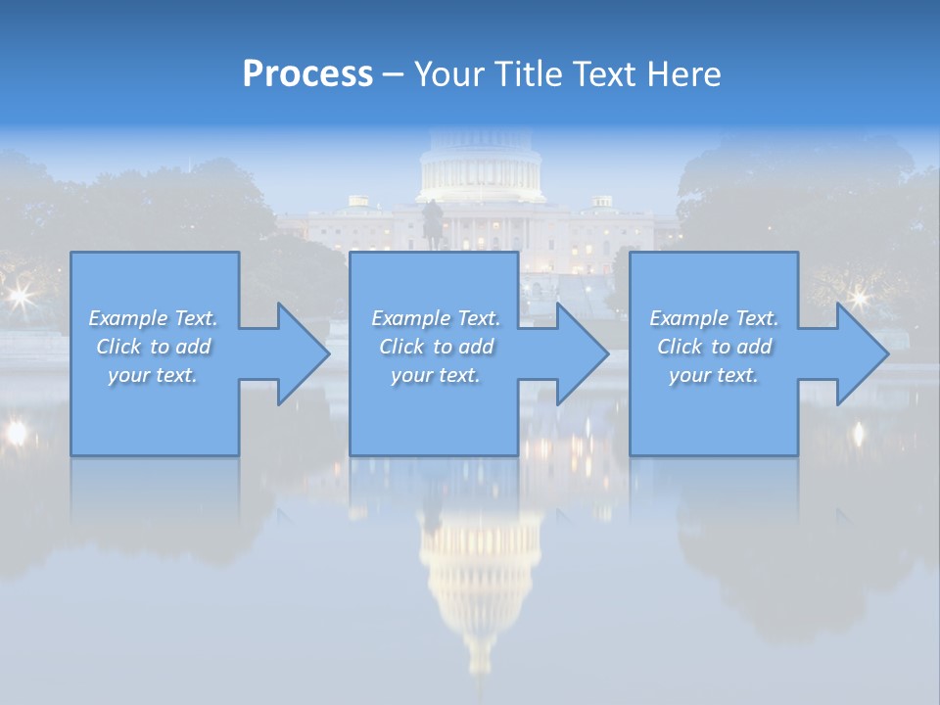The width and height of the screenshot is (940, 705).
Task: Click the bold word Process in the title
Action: click(x=307, y=74)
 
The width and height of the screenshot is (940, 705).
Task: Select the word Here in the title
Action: click(x=684, y=74)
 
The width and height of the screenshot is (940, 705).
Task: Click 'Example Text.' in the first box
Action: click(x=153, y=318)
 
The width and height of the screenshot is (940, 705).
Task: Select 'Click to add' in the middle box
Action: click(x=436, y=347)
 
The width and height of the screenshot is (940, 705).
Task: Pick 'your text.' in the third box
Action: click(x=714, y=375)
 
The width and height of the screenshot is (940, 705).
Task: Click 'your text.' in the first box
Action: click(x=153, y=375)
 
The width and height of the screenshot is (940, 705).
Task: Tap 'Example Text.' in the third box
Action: click(x=714, y=318)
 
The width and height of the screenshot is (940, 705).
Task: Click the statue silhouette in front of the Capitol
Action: click(x=430, y=220)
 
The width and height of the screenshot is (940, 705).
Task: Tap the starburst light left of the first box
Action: click(x=19, y=295)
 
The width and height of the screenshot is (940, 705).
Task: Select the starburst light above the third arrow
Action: click(x=859, y=297)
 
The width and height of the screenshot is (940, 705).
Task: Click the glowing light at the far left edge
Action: click(x=15, y=431)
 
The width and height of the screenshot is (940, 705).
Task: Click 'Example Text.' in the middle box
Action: click(x=436, y=318)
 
